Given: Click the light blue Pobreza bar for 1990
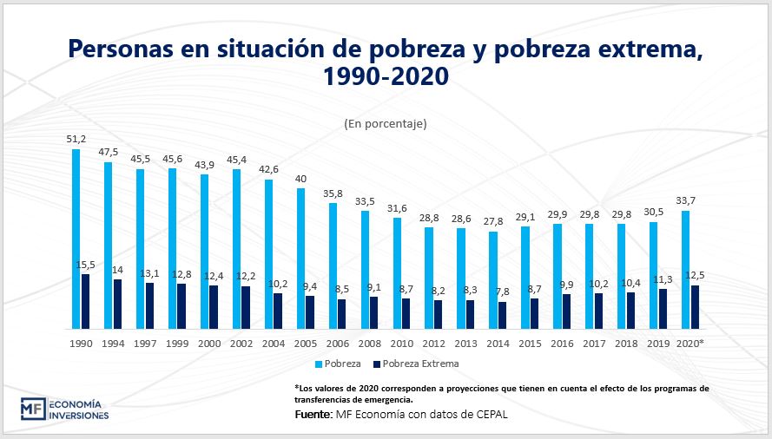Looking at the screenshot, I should (x=76, y=239).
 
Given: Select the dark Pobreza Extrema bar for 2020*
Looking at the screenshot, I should (x=696, y=307).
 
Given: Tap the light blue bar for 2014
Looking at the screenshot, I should (x=494, y=280).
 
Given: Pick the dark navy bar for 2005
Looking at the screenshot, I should (x=310, y=312).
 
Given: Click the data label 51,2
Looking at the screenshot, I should (x=76, y=138).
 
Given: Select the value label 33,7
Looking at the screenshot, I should (x=687, y=200).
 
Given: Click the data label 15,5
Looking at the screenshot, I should (x=85, y=263).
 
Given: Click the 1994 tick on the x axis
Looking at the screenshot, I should (x=113, y=344).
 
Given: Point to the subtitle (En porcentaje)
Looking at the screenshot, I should (x=386, y=123).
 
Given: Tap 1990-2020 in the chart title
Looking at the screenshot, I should (x=386, y=78).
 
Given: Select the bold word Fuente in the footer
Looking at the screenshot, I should (x=313, y=416).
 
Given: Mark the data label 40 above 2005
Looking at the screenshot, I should (x=301, y=178).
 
